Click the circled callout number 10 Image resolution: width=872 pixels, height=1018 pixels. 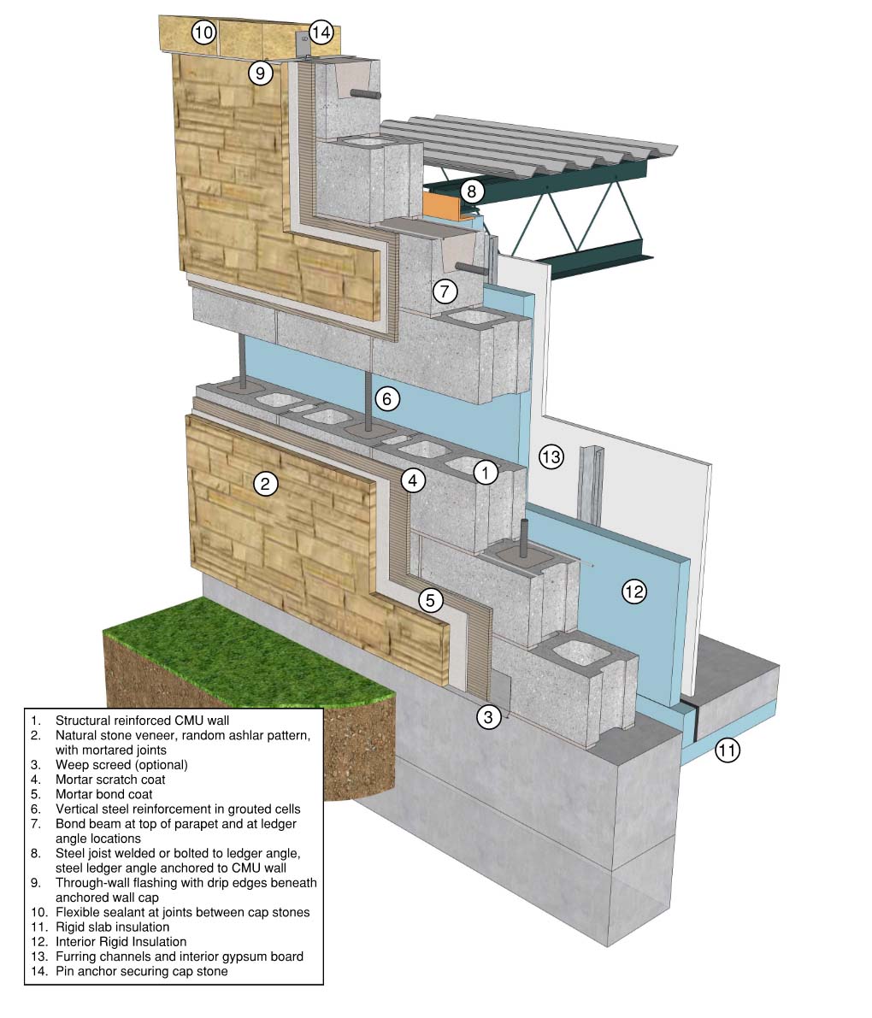[203, 33]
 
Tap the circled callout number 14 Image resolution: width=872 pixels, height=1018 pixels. [321, 33]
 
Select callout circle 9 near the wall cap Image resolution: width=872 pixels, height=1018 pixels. [261, 73]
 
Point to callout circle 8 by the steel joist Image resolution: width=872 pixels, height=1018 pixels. [471, 191]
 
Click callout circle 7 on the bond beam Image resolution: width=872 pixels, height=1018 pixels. [445, 291]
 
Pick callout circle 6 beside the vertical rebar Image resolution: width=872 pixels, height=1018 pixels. [386, 397]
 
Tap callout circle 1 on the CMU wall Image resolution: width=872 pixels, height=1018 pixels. [486, 471]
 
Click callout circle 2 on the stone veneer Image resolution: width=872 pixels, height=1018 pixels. [266, 484]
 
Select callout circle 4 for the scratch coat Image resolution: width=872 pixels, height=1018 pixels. [413, 480]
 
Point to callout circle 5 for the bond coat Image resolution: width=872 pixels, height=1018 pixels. [431, 600]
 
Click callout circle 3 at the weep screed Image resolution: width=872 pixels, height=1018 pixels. [487, 716]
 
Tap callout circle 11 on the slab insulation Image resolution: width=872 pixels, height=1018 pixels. [727, 751]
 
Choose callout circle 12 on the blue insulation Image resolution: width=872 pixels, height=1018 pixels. [633, 591]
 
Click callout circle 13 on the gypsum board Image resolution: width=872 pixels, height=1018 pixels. [551, 456]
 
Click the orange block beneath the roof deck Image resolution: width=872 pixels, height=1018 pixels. [441, 204]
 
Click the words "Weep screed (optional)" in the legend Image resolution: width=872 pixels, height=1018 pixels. [121, 764]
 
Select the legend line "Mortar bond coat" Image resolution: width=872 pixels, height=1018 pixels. [104, 793]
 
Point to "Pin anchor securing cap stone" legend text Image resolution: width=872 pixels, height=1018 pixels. [142, 971]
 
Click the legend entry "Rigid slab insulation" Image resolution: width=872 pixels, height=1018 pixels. [113, 927]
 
